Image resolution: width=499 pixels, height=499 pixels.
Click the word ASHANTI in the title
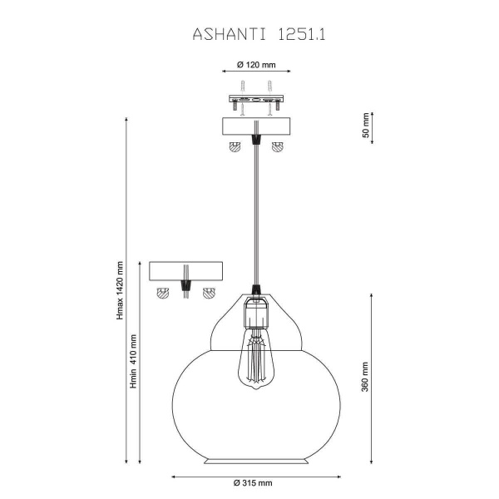tap(230, 34)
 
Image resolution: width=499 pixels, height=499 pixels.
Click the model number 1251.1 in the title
tap(302, 34)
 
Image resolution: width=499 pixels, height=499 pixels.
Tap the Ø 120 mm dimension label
tap(256, 65)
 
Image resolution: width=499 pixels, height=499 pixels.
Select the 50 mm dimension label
tap(366, 125)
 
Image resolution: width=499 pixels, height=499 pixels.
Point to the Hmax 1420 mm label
tap(120, 290)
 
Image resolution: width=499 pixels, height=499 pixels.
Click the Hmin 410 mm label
tap(133, 361)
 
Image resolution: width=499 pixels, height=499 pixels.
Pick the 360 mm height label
tap(365, 377)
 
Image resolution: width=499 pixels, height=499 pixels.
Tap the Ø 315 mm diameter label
tap(253, 482)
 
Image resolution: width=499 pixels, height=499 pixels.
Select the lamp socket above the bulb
tap(256, 312)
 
